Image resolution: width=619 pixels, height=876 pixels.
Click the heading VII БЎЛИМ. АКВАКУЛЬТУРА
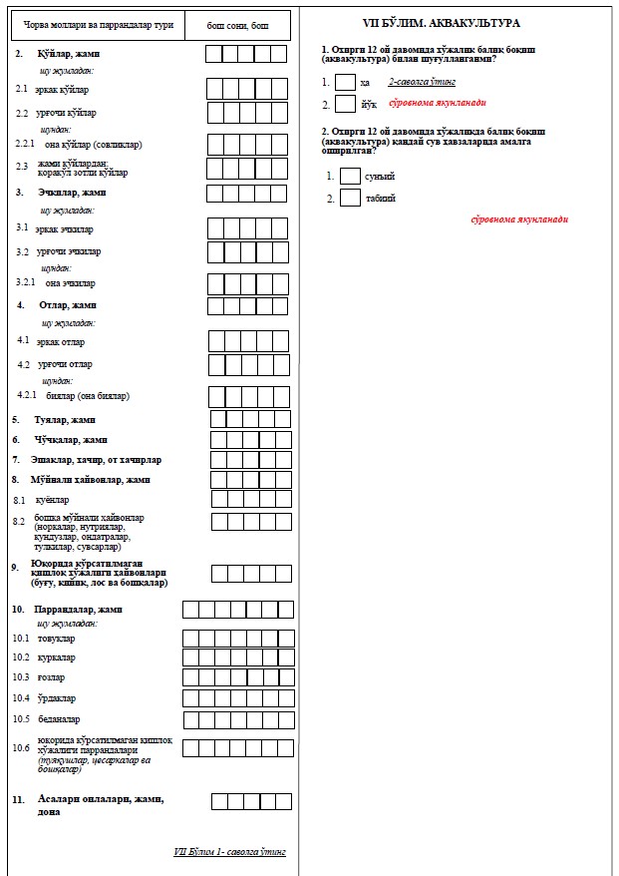(457, 22)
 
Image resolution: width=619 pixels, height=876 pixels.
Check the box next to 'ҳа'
(345, 83)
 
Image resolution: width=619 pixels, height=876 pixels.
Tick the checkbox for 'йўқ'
(345, 104)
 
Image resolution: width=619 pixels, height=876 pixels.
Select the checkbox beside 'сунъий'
(350, 176)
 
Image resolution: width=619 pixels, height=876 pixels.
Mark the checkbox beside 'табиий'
(350, 198)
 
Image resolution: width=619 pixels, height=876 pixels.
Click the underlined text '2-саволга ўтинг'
(422, 83)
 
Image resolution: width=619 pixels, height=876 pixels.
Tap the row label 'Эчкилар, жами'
(71, 192)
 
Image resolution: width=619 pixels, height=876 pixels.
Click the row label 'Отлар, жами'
(68, 304)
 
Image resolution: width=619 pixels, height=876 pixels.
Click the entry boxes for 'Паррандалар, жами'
(237, 610)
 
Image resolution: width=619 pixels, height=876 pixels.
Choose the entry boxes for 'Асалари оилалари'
(251, 800)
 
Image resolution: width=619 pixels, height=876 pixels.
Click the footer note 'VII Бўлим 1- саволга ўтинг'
(229, 851)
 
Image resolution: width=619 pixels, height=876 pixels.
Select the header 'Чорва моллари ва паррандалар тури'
(95, 24)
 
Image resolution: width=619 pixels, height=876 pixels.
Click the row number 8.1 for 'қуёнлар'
(19, 500)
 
